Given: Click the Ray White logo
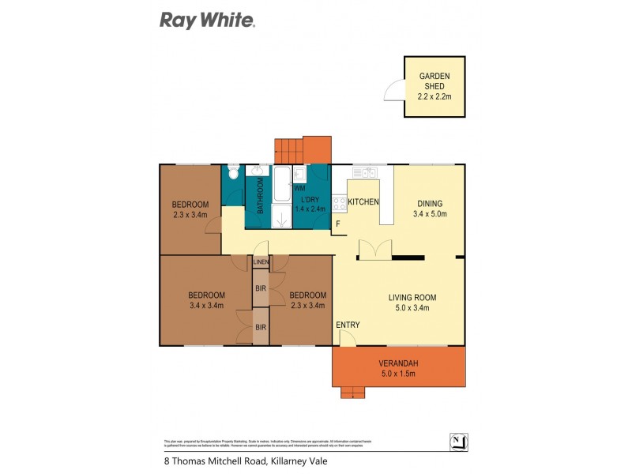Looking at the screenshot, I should coord(207,20).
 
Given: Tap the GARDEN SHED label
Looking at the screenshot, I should coord(434,87).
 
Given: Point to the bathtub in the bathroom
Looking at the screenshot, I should coord(281,186).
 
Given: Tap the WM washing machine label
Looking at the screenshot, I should coord(299,190).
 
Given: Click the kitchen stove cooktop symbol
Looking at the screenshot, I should coord(337,203).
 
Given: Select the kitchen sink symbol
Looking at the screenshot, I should coord(364,171).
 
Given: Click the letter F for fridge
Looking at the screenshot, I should coord(338,224).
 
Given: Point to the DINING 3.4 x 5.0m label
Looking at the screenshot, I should coord(429,208).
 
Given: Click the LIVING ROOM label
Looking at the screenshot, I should coord(412,303).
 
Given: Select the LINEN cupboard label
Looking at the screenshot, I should coord(261,262).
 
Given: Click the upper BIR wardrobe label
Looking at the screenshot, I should coord(261,290).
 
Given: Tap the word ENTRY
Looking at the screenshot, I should coord(348,325).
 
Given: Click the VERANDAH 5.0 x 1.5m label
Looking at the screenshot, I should coord(398,369).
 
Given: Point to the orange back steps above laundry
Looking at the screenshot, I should coord(303,149).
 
